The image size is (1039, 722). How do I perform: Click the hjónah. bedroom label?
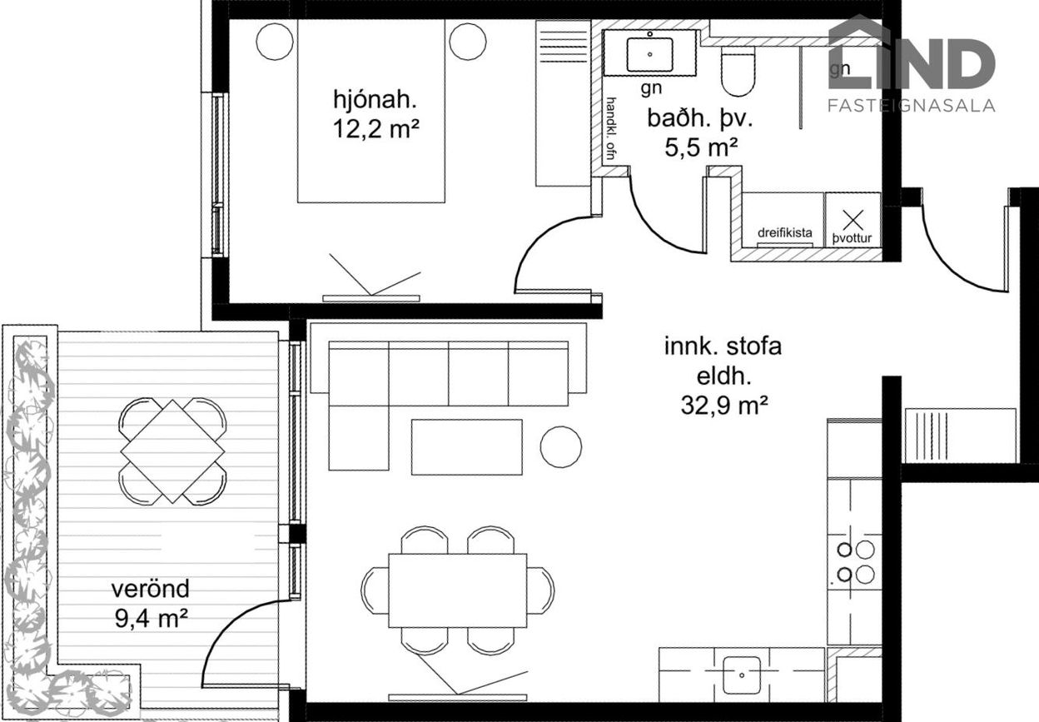click(375, 100)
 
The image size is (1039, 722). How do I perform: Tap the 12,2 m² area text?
click(376, 128)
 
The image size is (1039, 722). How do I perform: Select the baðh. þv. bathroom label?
click(700, 119)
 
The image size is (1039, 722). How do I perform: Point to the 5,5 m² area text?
click(701, 147)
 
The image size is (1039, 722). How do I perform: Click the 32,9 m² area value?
click(724, 405)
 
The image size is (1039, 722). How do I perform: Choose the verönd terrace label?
click(151, 589)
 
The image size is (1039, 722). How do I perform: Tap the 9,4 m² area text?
click(152, 618)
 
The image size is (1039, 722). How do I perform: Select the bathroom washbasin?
click(649, 54)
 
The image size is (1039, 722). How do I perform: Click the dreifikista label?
click(785, 232)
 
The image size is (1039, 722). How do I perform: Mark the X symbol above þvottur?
click(853, 220)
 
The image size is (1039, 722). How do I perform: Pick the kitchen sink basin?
click(742, 675)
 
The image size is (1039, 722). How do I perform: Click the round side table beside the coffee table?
click(561, 446)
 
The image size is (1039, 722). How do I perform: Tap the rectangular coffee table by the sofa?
click(466, 447)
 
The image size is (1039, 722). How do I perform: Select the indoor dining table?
click(457, 590)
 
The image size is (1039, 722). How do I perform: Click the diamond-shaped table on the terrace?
click(172, 451)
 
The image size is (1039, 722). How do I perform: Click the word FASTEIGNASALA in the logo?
click(912, 105)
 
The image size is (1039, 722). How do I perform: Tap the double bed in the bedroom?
click(371, 111)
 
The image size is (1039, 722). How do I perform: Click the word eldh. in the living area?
click(723, 376)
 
